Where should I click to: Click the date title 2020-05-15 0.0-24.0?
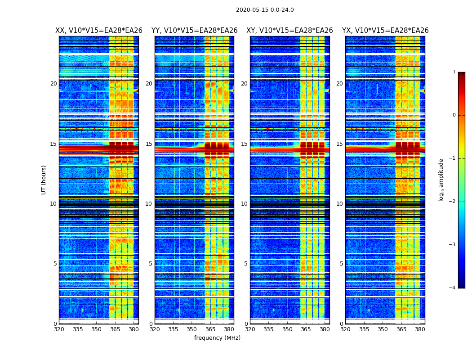[265, 10]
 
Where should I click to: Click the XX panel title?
[99, 31]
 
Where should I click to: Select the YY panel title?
[194, 31]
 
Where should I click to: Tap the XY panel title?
[289, 31]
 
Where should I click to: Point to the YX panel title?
[385, 31]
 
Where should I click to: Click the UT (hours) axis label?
[44, 180]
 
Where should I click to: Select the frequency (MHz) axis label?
[217, 338]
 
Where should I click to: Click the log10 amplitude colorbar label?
[441, 180]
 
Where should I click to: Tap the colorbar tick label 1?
[454, 72]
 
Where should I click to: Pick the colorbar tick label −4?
[453, 288]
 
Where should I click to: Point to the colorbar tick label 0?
[454, 115]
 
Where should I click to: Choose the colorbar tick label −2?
[453, 202]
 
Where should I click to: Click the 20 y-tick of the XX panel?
[53, 84]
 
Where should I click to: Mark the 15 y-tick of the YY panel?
[149, 144]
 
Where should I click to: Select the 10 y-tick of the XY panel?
[244, 204]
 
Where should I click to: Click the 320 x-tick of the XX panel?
[59, 329]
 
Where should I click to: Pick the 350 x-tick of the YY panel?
[192, 329]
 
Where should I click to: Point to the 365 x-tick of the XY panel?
[306, 329]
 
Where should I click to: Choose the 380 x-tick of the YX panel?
[420, 329]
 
